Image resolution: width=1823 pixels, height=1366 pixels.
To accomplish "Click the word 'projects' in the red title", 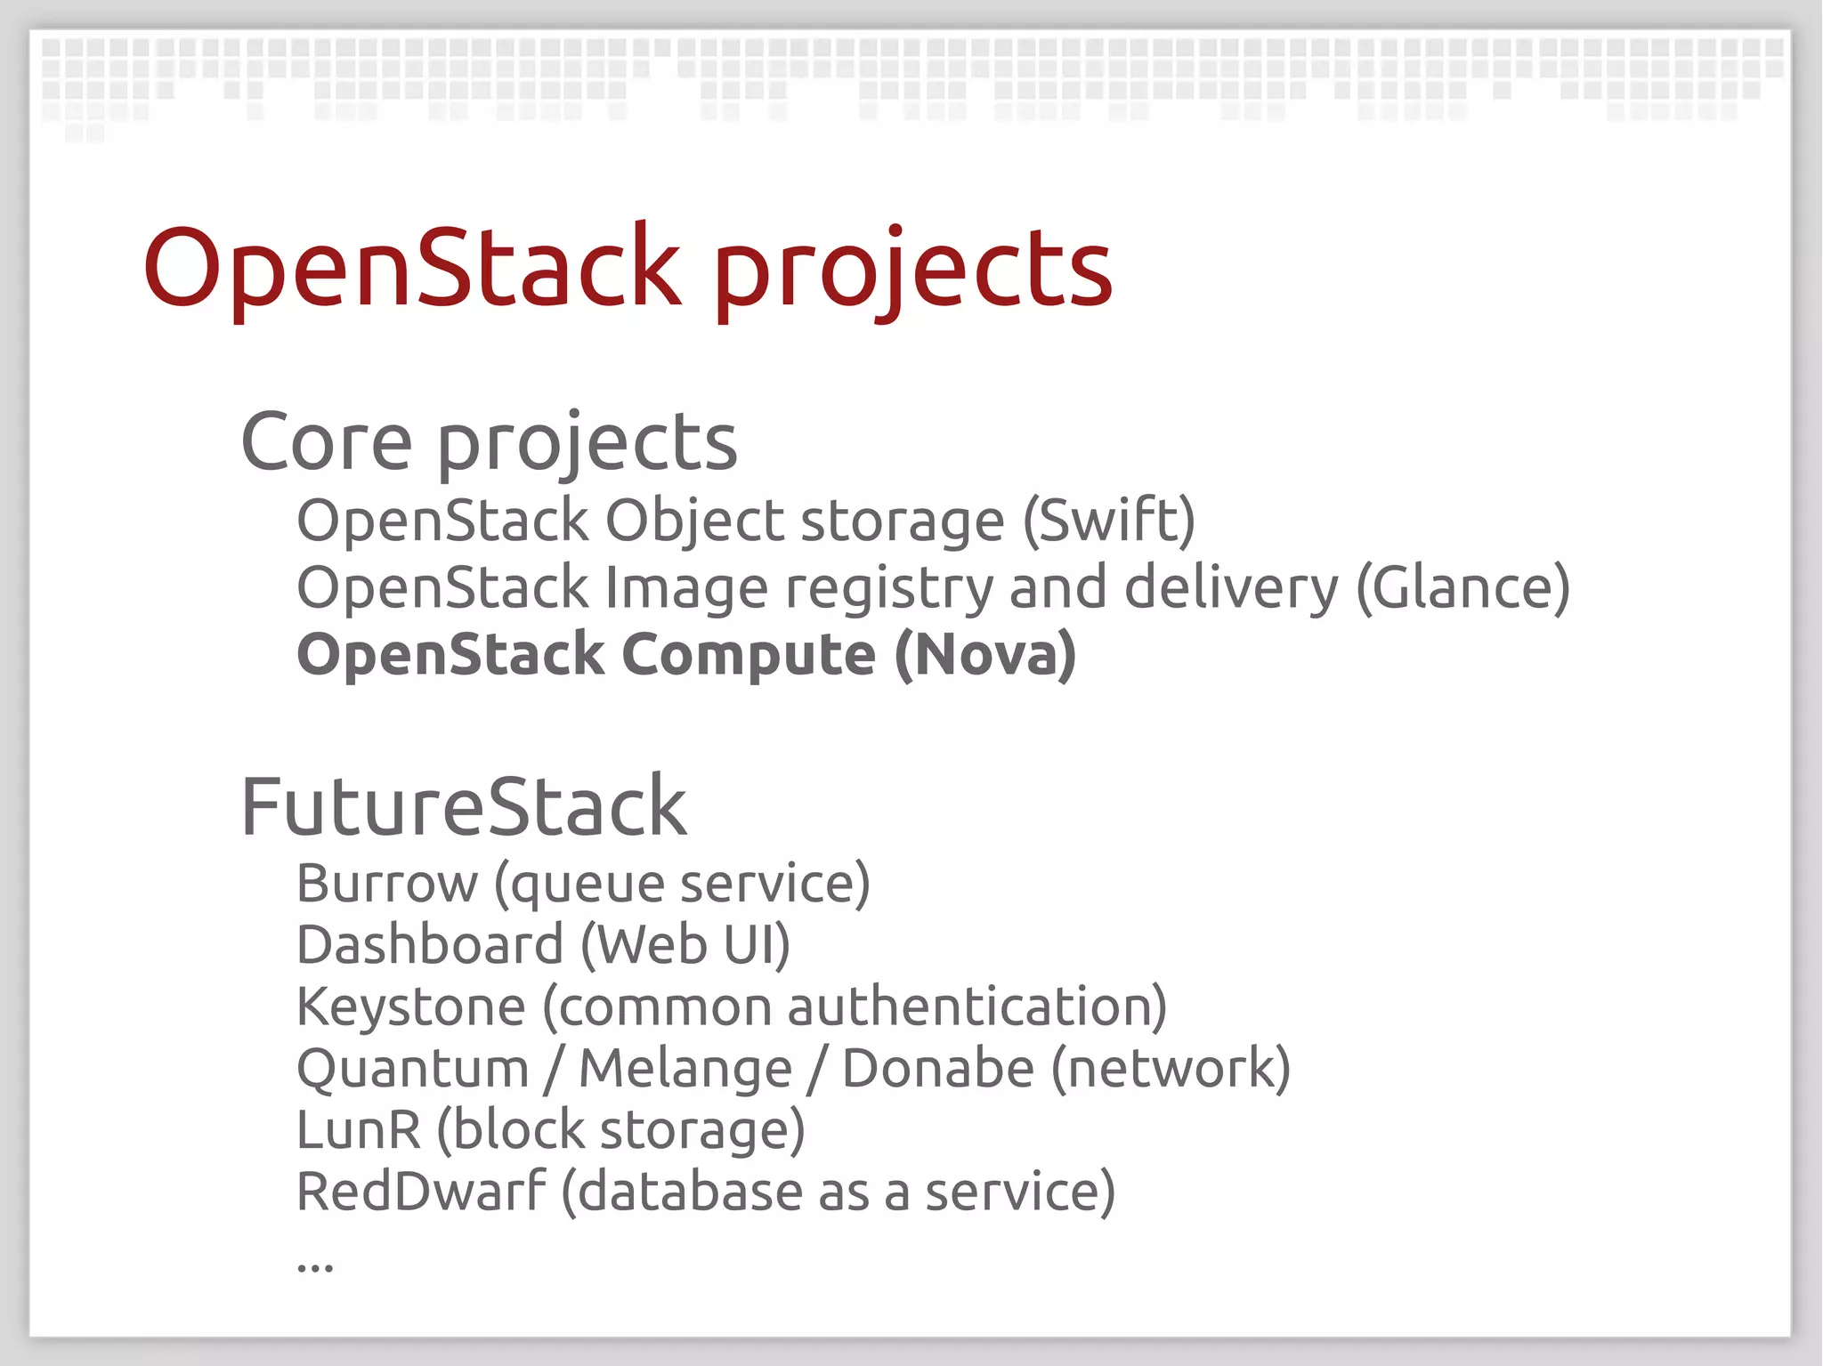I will tap(912, 270).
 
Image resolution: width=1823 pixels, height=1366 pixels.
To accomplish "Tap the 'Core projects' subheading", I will tap(489, 442).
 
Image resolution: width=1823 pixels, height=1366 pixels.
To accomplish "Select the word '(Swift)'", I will tap(1108, 521).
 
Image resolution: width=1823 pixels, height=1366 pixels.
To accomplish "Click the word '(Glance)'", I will tap(1462, 588).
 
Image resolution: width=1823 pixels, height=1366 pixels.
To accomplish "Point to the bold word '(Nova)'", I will tap(985, 655).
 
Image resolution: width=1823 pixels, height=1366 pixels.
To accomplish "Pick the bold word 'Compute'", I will tap(749, 655).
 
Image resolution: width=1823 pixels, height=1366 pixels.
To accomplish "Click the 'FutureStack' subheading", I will tap(464, 807).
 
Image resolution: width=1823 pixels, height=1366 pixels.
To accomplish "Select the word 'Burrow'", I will tap(387, 884).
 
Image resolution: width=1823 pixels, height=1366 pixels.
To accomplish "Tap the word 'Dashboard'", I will tap(430, 945).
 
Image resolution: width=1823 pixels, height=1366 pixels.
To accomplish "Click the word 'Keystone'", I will tap(411, 1006).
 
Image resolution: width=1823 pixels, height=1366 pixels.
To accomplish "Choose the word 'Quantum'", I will tap(413, 1069).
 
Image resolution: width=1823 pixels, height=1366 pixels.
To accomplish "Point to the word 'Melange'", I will tap(685, 1069).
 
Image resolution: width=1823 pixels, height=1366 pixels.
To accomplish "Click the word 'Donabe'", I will tap(938, 1069).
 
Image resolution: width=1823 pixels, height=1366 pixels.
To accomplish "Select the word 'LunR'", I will tap(358, 1130).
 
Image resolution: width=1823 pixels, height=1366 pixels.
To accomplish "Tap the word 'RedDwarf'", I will tap(420, 1192).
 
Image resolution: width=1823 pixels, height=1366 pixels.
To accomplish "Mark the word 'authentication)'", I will tap(977, 1006).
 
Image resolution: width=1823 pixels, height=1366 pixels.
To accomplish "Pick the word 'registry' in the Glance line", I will tap(888, 588).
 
